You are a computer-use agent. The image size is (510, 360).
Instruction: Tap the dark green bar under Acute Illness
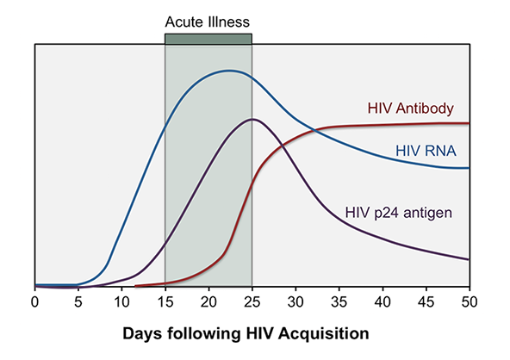coord(208,38)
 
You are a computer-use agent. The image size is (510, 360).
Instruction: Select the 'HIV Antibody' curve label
coord(411,109)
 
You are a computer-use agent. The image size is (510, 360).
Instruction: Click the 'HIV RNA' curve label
coord(426,151)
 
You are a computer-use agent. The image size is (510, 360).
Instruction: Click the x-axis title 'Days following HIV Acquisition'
coord(252,332)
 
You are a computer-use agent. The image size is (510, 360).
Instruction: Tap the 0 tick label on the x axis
coord(34,302)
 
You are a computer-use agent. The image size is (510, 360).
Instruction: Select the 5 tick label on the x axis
coord(78,302)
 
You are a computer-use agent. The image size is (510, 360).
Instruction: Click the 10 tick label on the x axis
coord(121,302)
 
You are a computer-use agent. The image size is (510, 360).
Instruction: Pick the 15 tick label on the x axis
coord(165,302)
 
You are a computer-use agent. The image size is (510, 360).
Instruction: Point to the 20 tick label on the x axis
coord(208,302)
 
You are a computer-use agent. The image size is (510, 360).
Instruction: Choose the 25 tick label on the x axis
coord(252,302)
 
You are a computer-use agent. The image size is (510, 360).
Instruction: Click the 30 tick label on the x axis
coord(295,302)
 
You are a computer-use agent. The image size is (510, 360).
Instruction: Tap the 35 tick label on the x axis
coord(339,302)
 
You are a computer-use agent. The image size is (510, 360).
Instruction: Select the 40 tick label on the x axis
coord(382,302)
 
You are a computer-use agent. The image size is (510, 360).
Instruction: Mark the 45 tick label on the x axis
coord(426,302)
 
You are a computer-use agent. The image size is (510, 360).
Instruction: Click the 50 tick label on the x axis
coord(469,302)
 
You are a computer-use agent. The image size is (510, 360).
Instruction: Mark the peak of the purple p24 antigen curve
coord(251,119)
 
